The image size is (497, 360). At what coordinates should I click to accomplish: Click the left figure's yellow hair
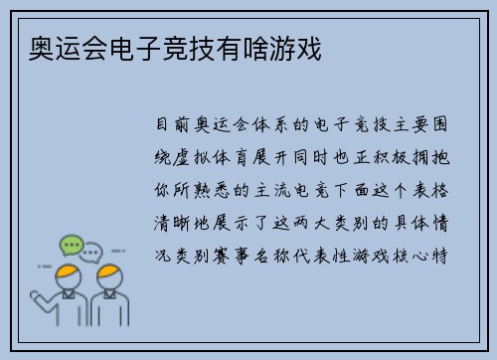[x=67, y=270]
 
